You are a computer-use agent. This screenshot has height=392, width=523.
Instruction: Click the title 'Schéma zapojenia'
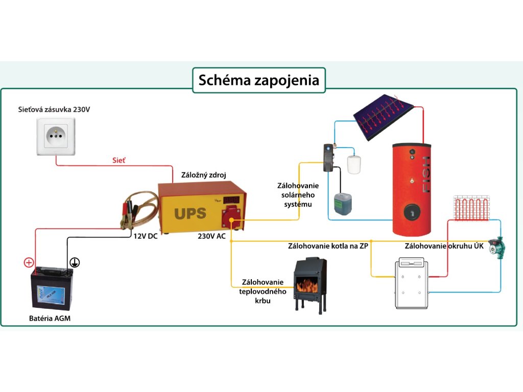pos(258,80)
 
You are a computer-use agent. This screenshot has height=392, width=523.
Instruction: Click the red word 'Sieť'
pos(119,160)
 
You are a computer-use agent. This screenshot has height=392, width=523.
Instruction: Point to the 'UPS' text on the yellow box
pos(189,212)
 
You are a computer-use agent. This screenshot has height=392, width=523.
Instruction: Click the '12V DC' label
pos(146,236)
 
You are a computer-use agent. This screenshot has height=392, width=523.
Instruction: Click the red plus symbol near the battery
pos(29,263)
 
